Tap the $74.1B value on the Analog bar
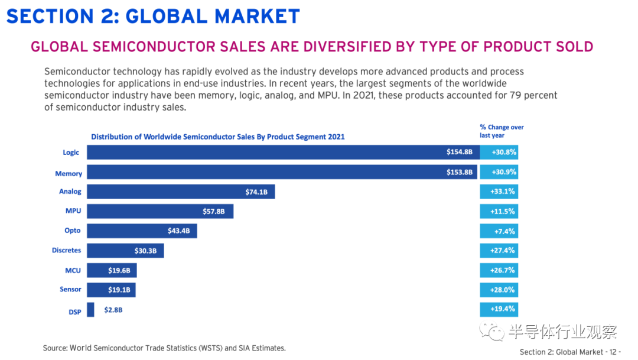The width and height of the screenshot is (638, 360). [256, 192]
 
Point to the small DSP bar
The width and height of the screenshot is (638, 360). [90, 309]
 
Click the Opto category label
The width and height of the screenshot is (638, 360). [73, 231]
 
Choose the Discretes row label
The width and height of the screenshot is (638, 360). [66, 250]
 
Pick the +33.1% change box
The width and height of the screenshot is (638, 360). [499, 192]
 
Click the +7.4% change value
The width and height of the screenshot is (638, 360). [499, 231]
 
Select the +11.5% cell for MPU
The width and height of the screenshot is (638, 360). [499, 211]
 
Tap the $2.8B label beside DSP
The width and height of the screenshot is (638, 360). [113, 309]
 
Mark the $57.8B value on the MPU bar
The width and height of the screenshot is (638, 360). [214, 211]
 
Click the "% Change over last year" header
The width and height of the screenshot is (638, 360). [502, 131]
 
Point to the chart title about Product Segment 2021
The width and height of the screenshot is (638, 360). [217, 137]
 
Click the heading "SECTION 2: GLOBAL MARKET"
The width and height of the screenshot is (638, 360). [153, 16]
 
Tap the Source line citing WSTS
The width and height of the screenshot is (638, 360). [164, 348]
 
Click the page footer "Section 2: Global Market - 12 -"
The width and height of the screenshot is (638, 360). [570, 352]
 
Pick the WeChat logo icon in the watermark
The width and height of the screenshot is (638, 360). [492, 331]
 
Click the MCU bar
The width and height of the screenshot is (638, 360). [112, 270]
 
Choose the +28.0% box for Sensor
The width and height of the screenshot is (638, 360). [499, 290]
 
